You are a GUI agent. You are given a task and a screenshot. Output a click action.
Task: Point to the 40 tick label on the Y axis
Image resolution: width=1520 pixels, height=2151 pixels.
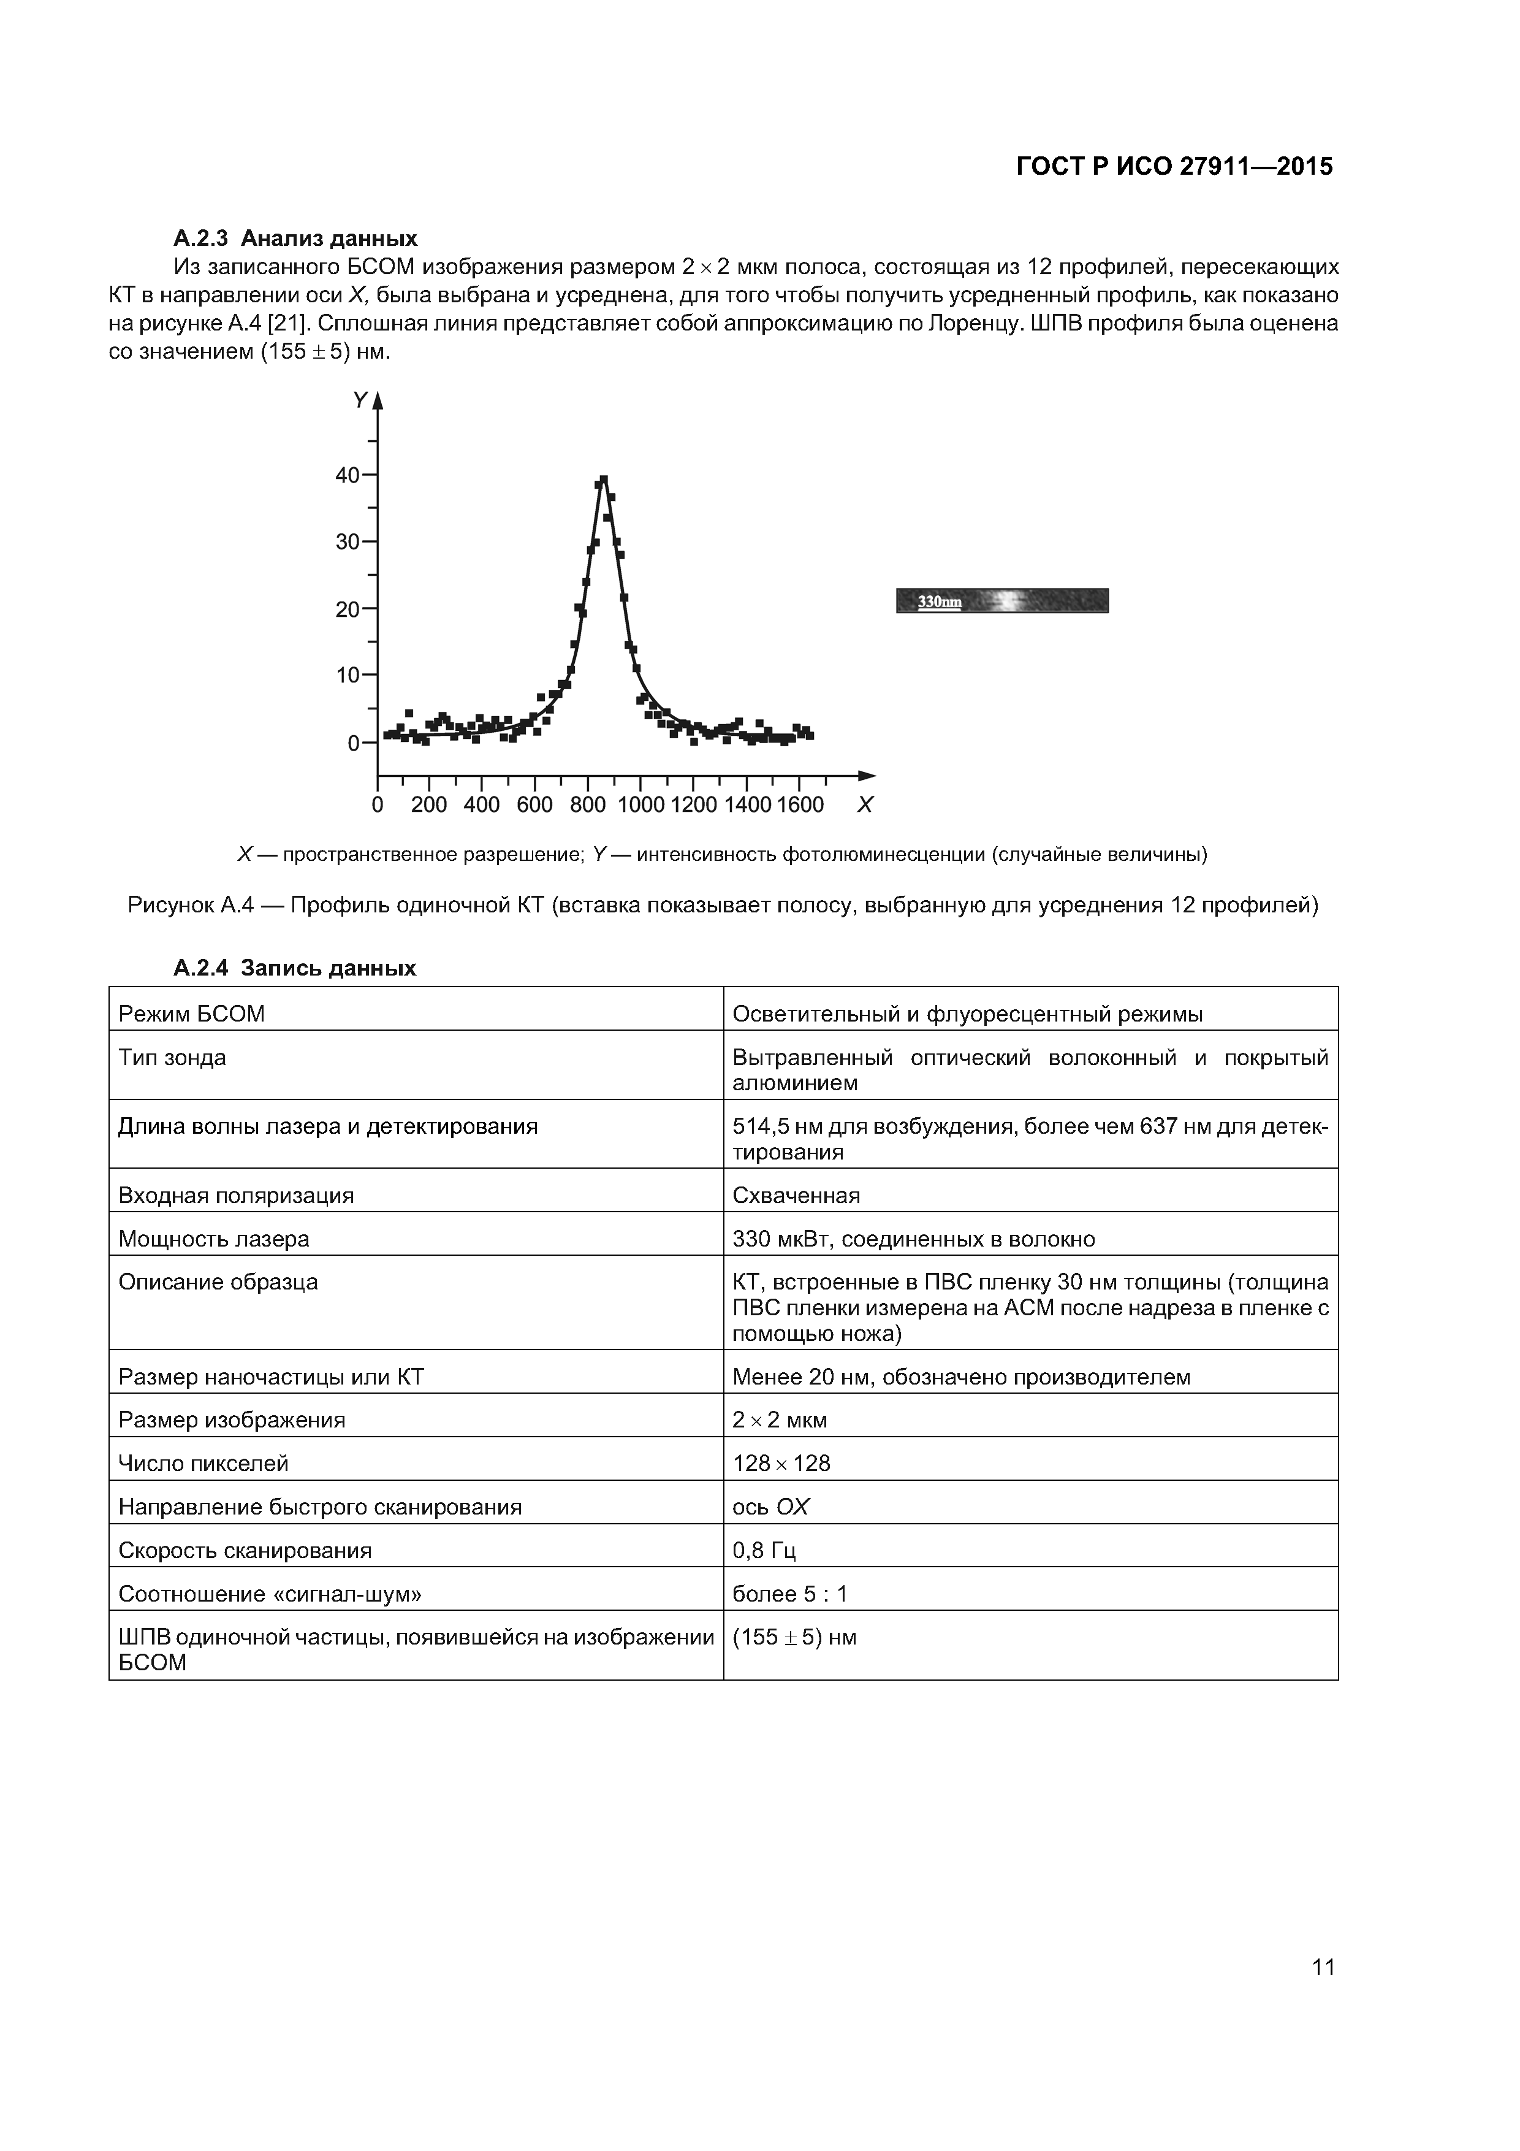(348, 475)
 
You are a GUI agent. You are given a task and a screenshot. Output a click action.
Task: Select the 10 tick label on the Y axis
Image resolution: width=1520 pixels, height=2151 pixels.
(348, 676)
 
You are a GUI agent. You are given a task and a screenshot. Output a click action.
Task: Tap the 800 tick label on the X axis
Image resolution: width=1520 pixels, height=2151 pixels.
(587, 804)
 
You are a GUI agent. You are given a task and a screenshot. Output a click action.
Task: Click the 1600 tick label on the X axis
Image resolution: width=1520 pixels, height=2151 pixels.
(800, 804)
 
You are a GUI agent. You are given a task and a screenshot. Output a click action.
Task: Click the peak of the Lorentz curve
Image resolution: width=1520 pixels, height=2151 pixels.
(603, 479)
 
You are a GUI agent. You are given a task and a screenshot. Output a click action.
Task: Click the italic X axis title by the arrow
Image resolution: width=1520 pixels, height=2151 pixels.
(864, 804)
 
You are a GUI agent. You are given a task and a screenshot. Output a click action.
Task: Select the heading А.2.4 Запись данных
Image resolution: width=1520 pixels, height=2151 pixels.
(294, 968)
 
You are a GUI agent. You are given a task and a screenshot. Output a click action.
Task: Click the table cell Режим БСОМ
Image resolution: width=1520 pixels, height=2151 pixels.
(191, 1014)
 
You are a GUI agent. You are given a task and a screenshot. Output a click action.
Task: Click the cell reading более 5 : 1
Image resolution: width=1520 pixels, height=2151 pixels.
(789, 1594)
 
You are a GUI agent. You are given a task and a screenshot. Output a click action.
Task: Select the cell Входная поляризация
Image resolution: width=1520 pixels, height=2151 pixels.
(236, 1196)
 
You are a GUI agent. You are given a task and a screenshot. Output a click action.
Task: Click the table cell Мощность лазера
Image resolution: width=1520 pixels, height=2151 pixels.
(213, 1239)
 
